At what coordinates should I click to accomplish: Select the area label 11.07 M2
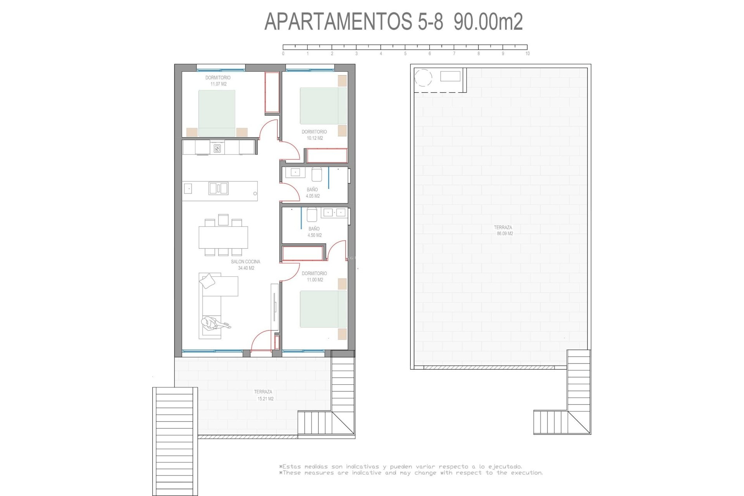(218, 84)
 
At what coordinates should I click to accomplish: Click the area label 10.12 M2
(315, 138)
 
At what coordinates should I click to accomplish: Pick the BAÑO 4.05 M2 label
(312, 193)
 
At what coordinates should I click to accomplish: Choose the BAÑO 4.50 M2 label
(314, 232)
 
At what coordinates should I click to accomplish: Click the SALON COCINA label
(246, 262)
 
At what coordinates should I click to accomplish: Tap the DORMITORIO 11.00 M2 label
(314, 277)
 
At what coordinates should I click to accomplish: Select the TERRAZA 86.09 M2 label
(503, 231)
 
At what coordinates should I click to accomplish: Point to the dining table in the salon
(223, 237)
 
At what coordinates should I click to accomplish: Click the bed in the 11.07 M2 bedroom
(217, 113)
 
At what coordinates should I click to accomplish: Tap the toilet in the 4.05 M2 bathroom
(317, 174)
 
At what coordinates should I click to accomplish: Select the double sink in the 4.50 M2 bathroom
(334, 212)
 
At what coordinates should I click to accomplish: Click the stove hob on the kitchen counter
(217, 148)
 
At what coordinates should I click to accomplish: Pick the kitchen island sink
(218, 189)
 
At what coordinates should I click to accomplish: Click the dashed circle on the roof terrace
(423, 77)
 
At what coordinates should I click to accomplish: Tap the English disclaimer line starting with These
(411, 473)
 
